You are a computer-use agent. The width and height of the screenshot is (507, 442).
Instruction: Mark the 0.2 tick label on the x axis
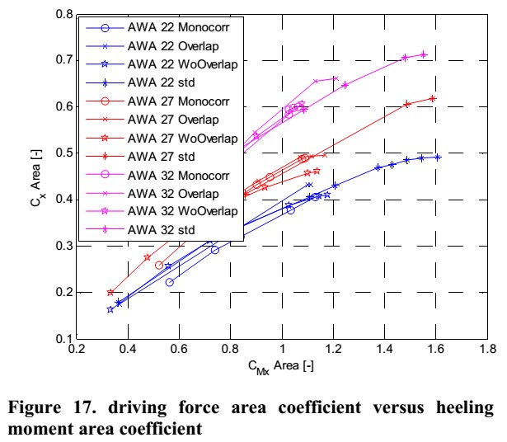point(77,350)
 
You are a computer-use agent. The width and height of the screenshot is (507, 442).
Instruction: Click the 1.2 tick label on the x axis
point(334,350)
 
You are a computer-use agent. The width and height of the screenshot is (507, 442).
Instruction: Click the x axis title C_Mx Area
point(282,365)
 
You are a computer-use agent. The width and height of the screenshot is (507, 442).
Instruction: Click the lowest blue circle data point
point(170,282)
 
